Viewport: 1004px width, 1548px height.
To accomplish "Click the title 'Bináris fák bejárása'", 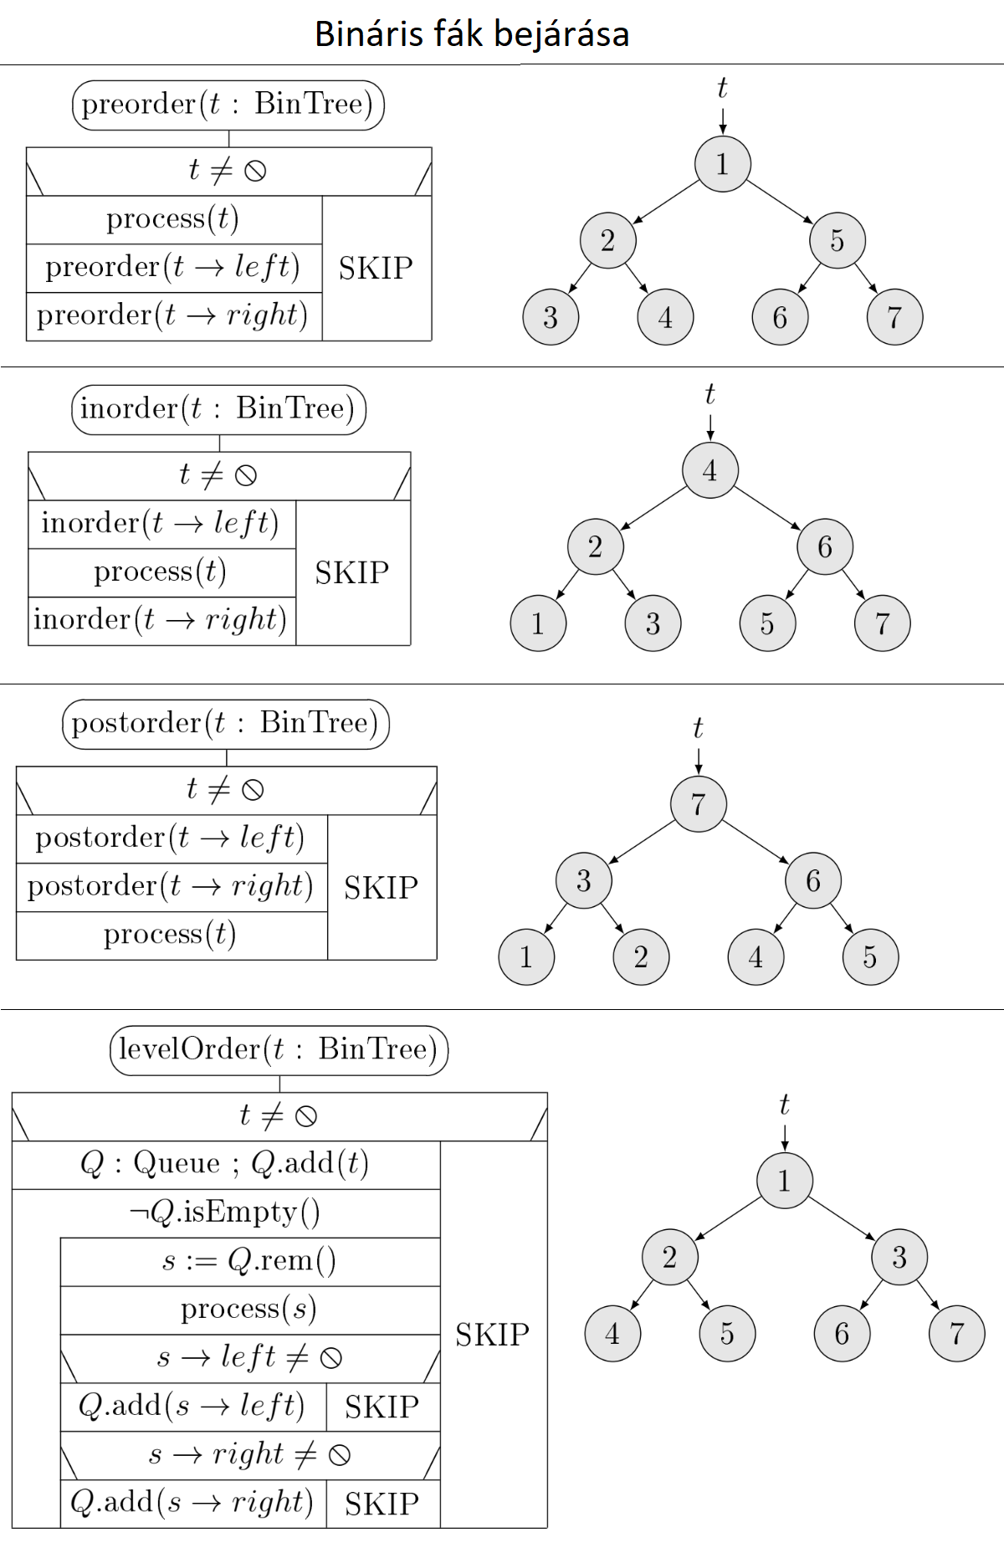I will tap(472, 34).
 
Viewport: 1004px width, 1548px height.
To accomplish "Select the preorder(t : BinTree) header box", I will tap(228, 105).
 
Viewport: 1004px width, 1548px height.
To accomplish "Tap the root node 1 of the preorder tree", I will tap(722, 164).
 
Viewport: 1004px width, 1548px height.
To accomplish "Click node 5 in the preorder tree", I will tap(837, 241).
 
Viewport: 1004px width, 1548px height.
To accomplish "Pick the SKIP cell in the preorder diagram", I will tap(376, 268).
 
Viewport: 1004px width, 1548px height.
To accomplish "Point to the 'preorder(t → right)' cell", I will tap(173, 315).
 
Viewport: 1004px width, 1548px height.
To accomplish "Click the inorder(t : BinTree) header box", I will tap(218, 409).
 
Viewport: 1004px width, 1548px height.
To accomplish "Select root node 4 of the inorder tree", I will tap(709, 470).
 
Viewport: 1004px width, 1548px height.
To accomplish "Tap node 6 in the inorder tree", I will tap(825, 547).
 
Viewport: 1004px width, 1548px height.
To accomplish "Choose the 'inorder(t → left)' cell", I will tap(161, 524).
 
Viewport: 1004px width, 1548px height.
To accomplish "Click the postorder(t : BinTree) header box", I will tap(226, 724).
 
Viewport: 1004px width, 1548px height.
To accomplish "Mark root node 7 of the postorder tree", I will tap(698, 804).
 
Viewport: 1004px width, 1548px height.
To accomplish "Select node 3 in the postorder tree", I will tap(584, 880).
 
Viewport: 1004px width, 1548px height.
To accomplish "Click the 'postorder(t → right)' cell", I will tap(171, 887).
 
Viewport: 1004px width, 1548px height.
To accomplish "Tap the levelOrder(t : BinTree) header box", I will tap(279, 1050).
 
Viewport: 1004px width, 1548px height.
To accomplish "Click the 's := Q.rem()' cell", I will tap(249, 1261).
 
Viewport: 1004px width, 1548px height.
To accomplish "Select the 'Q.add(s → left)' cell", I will tap(192, 1407).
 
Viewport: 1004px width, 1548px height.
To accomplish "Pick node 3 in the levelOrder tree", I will tap(899, 1257).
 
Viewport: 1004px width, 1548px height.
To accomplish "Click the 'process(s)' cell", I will tap(249, 1310).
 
